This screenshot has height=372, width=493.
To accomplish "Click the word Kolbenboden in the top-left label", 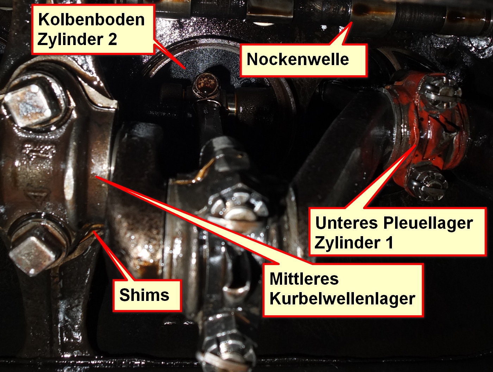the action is pos(92,20).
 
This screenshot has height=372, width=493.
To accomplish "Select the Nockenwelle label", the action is pos(304,60).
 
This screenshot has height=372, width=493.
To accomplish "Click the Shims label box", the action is pos(147,296).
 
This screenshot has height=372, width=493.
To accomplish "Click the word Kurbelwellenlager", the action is pos(342,298).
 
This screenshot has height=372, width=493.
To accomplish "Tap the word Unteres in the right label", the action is pos(347,223).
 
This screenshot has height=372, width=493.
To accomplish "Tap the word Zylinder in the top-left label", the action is pos(69,39).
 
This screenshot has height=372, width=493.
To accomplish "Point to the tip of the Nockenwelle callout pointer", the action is pos(351,23).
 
